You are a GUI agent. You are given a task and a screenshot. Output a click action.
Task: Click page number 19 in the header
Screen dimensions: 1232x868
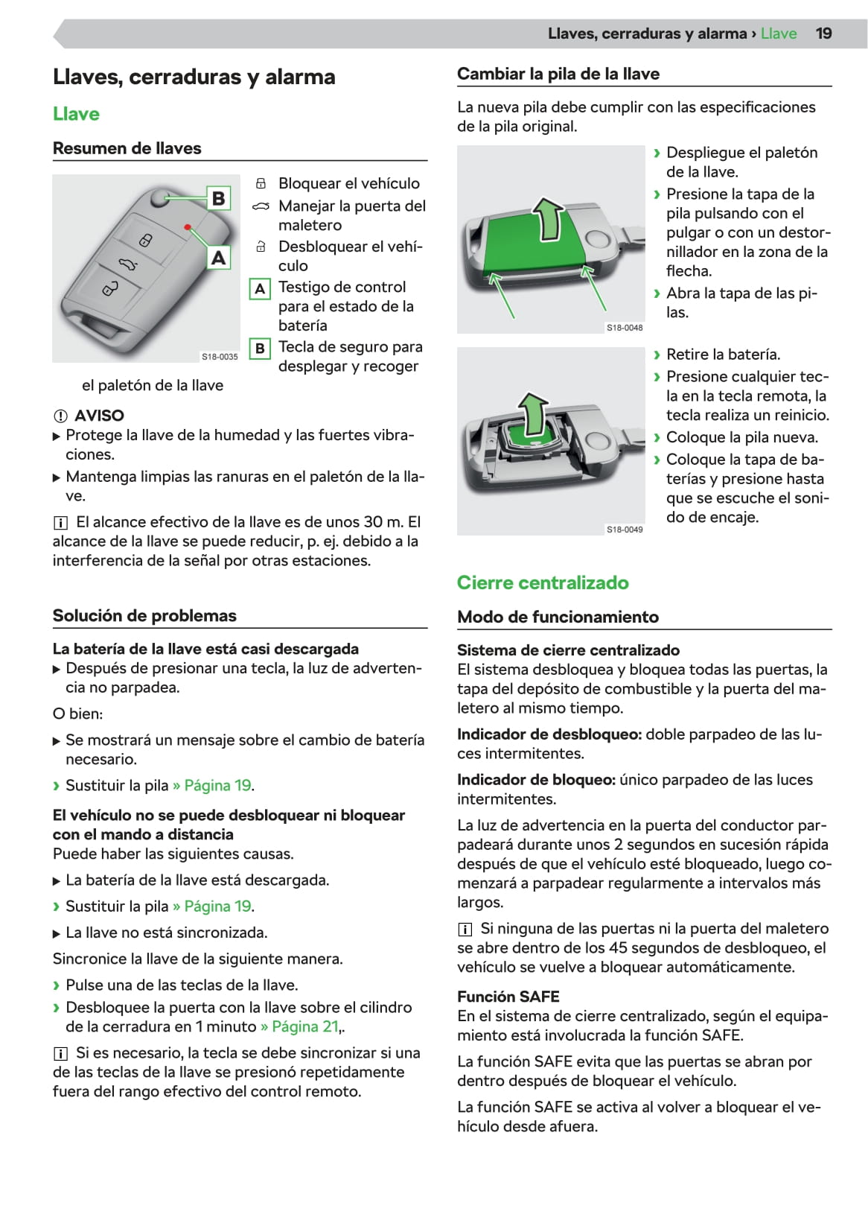point(823,34)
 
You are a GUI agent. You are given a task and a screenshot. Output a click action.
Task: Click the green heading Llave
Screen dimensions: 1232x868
point(76,114)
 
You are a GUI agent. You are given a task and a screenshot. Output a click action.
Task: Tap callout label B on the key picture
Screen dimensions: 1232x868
point(218,198)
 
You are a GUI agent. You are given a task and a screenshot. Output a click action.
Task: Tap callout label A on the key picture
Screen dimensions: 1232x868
point(218,258)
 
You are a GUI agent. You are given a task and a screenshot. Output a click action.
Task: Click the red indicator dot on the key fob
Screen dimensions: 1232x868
point(188,226)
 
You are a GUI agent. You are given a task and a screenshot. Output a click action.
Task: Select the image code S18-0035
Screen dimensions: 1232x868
point(220,357)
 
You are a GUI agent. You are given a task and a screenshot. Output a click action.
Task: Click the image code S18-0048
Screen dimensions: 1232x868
point(624,328)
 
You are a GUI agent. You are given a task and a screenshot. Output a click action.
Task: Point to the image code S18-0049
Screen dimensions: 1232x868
point(624,530)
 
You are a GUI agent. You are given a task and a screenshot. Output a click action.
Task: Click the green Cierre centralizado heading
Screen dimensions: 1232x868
point(543,582)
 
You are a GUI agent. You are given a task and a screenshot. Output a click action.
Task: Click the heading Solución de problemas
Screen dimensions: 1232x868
point(144,616)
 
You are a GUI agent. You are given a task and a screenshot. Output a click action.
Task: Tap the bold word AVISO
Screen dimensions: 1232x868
point(99,416)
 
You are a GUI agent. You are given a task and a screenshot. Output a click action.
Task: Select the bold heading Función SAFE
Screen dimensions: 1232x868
point(508,997)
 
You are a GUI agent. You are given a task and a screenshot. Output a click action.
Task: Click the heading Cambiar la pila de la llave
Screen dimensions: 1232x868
point(558,74)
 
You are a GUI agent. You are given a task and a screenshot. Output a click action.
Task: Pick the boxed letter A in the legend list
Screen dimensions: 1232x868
point(260,288)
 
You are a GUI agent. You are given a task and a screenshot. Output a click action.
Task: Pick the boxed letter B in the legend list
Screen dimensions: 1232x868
point(260,348)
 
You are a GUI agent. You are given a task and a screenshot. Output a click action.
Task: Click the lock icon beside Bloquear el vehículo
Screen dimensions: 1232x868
point(261,183)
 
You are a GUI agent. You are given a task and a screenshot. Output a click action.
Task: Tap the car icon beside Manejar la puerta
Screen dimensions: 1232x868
point(261,206)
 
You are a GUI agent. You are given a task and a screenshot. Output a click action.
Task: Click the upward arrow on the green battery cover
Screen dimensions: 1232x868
point(549,218)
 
